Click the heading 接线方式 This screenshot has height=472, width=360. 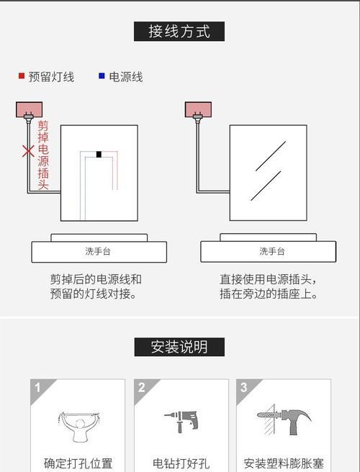(179, 32)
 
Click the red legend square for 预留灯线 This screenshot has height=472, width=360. (22, 76)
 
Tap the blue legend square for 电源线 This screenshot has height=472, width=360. (102, 76)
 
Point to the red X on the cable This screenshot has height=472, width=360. (28, 151)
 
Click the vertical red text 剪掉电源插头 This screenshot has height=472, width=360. (43, 155)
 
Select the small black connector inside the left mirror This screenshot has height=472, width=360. (99, 155)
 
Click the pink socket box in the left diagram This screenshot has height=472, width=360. (30, 109)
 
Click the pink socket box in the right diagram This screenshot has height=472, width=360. (198, 109)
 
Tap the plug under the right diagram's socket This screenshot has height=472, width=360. (197, 118)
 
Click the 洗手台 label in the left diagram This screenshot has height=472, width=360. (98, 251)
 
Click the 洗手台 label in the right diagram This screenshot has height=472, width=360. (272, 251)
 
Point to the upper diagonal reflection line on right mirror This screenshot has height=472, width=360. (271, 156)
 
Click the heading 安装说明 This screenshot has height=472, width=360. (179, 347)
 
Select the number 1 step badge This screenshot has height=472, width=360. (37, 388)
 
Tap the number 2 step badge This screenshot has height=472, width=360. (142, 388)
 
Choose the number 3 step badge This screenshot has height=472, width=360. (243, 388)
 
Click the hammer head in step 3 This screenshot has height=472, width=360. (297, 417)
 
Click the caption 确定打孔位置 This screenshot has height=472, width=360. (78, 463)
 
